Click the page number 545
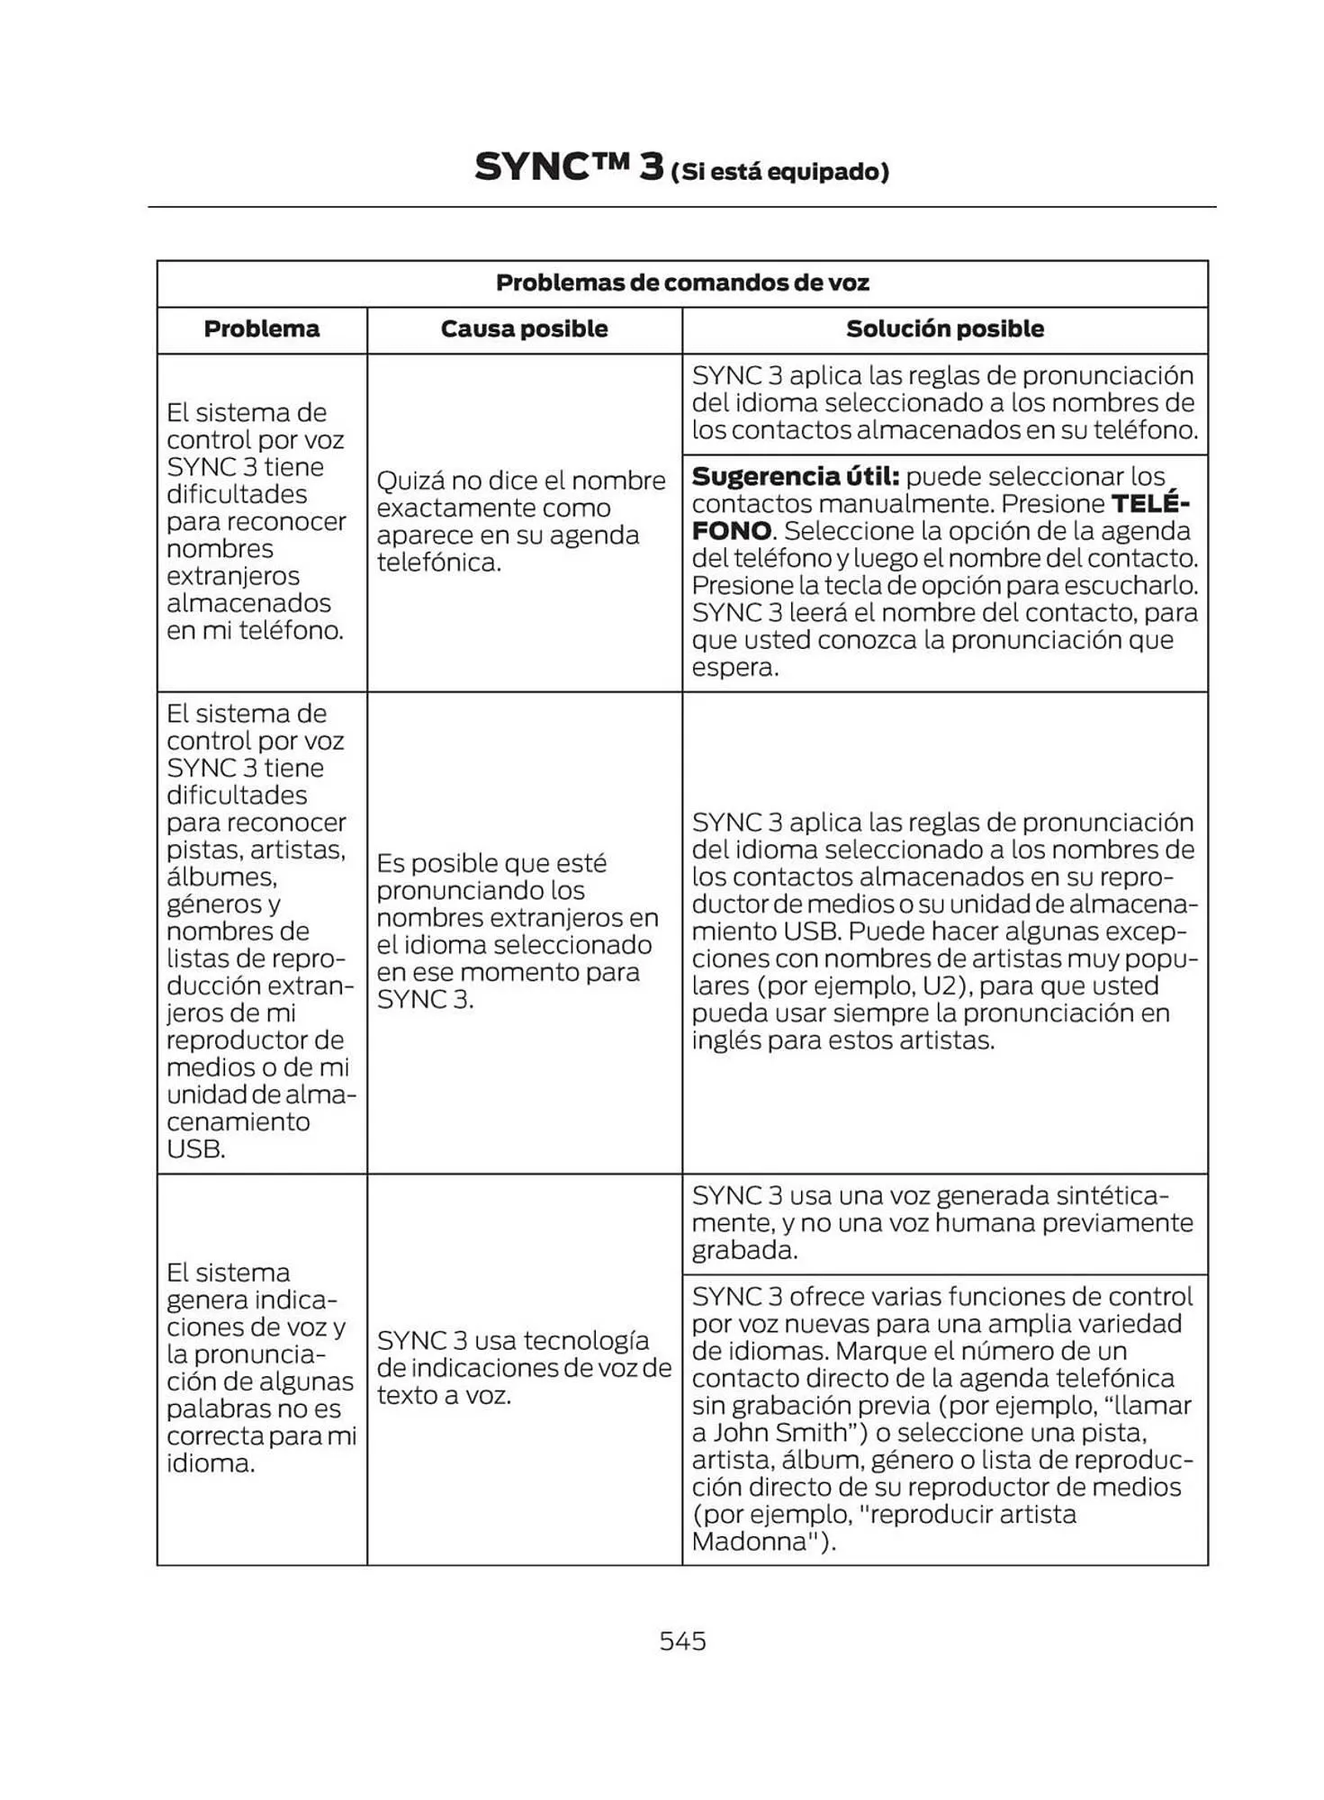682,1641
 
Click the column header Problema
261,329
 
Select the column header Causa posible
524,329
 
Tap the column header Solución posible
944,329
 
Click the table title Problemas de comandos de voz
682,283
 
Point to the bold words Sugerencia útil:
795,477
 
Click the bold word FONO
731,531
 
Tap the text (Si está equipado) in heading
780,172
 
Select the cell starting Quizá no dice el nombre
520,521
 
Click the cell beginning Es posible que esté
517,931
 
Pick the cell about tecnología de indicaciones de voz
523,1367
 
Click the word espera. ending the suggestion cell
734,668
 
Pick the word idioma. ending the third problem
210,1463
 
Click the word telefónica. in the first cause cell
437,563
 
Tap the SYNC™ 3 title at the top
569,168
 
